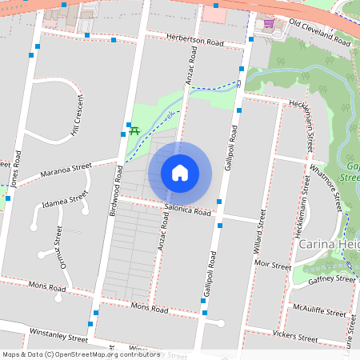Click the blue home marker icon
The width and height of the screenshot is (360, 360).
180,173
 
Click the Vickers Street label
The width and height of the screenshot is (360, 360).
295,334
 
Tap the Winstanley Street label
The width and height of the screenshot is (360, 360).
58,332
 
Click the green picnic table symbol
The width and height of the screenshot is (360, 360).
134,130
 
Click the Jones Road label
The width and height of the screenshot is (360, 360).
15,170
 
